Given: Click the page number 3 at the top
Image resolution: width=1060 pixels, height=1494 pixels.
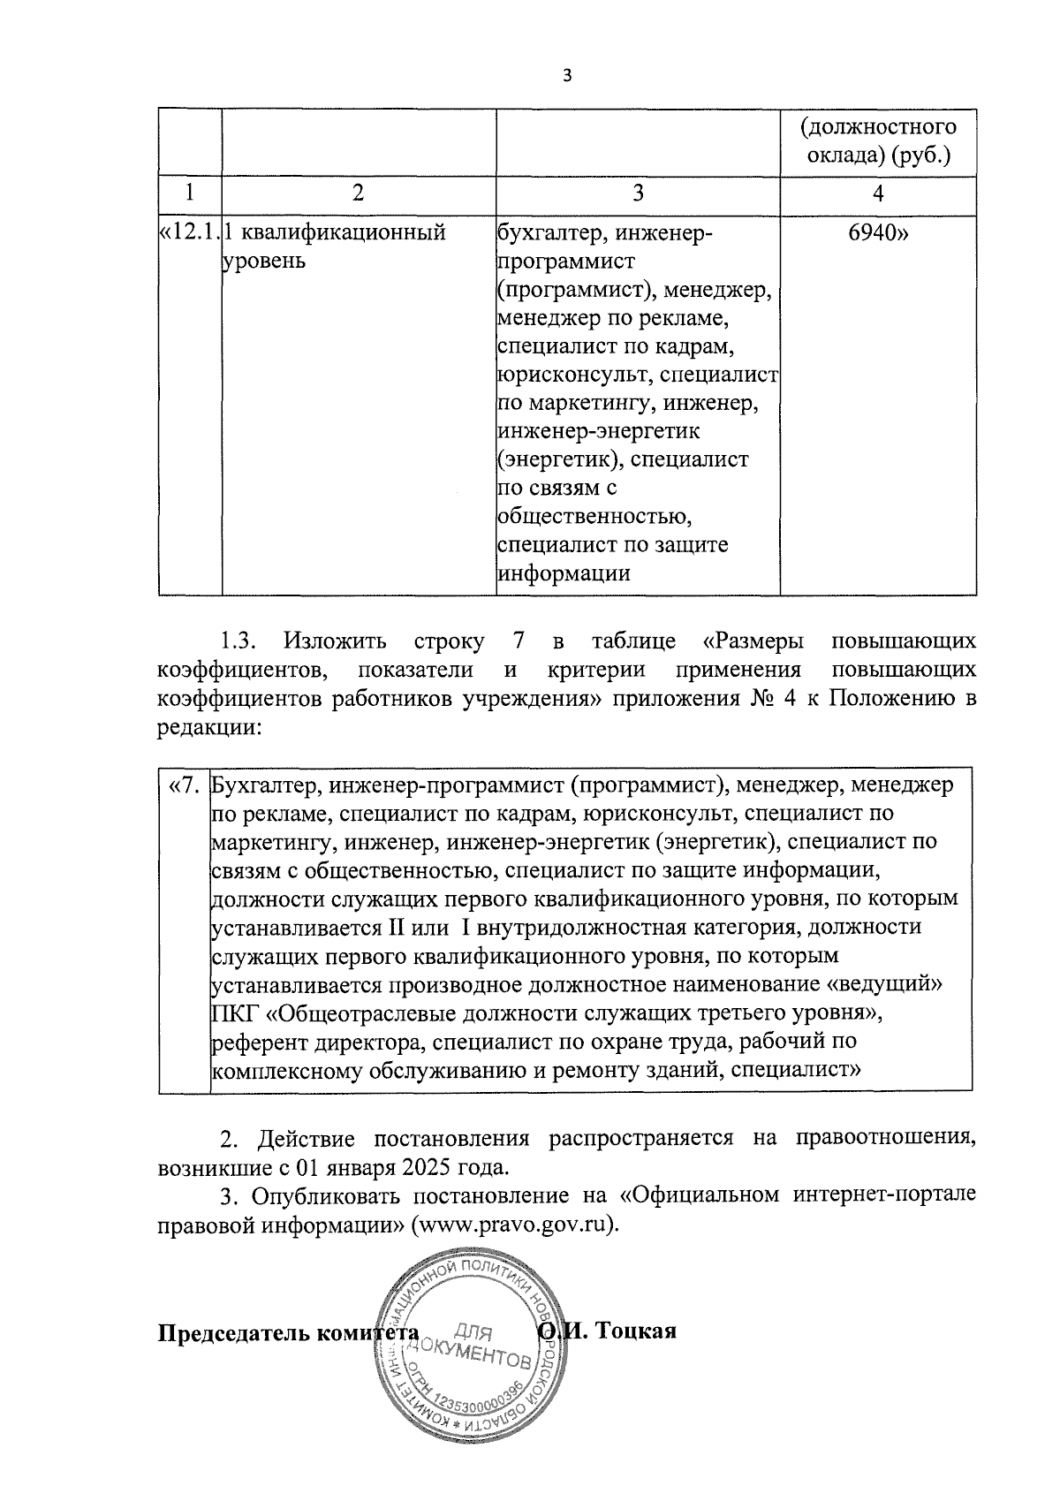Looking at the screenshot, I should tap(567, 77).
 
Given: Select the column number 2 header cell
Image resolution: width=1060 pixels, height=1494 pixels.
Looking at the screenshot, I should tap(357, 193).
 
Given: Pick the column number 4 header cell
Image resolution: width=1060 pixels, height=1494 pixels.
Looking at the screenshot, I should tap(877, 193).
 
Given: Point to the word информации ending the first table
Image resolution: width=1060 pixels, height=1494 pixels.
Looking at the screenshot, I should tap(564, 573).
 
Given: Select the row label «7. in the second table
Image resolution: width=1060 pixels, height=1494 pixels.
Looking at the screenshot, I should tap(185, 785).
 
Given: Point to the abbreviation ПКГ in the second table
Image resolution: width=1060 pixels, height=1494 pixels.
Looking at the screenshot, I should tap(228, 1012).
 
